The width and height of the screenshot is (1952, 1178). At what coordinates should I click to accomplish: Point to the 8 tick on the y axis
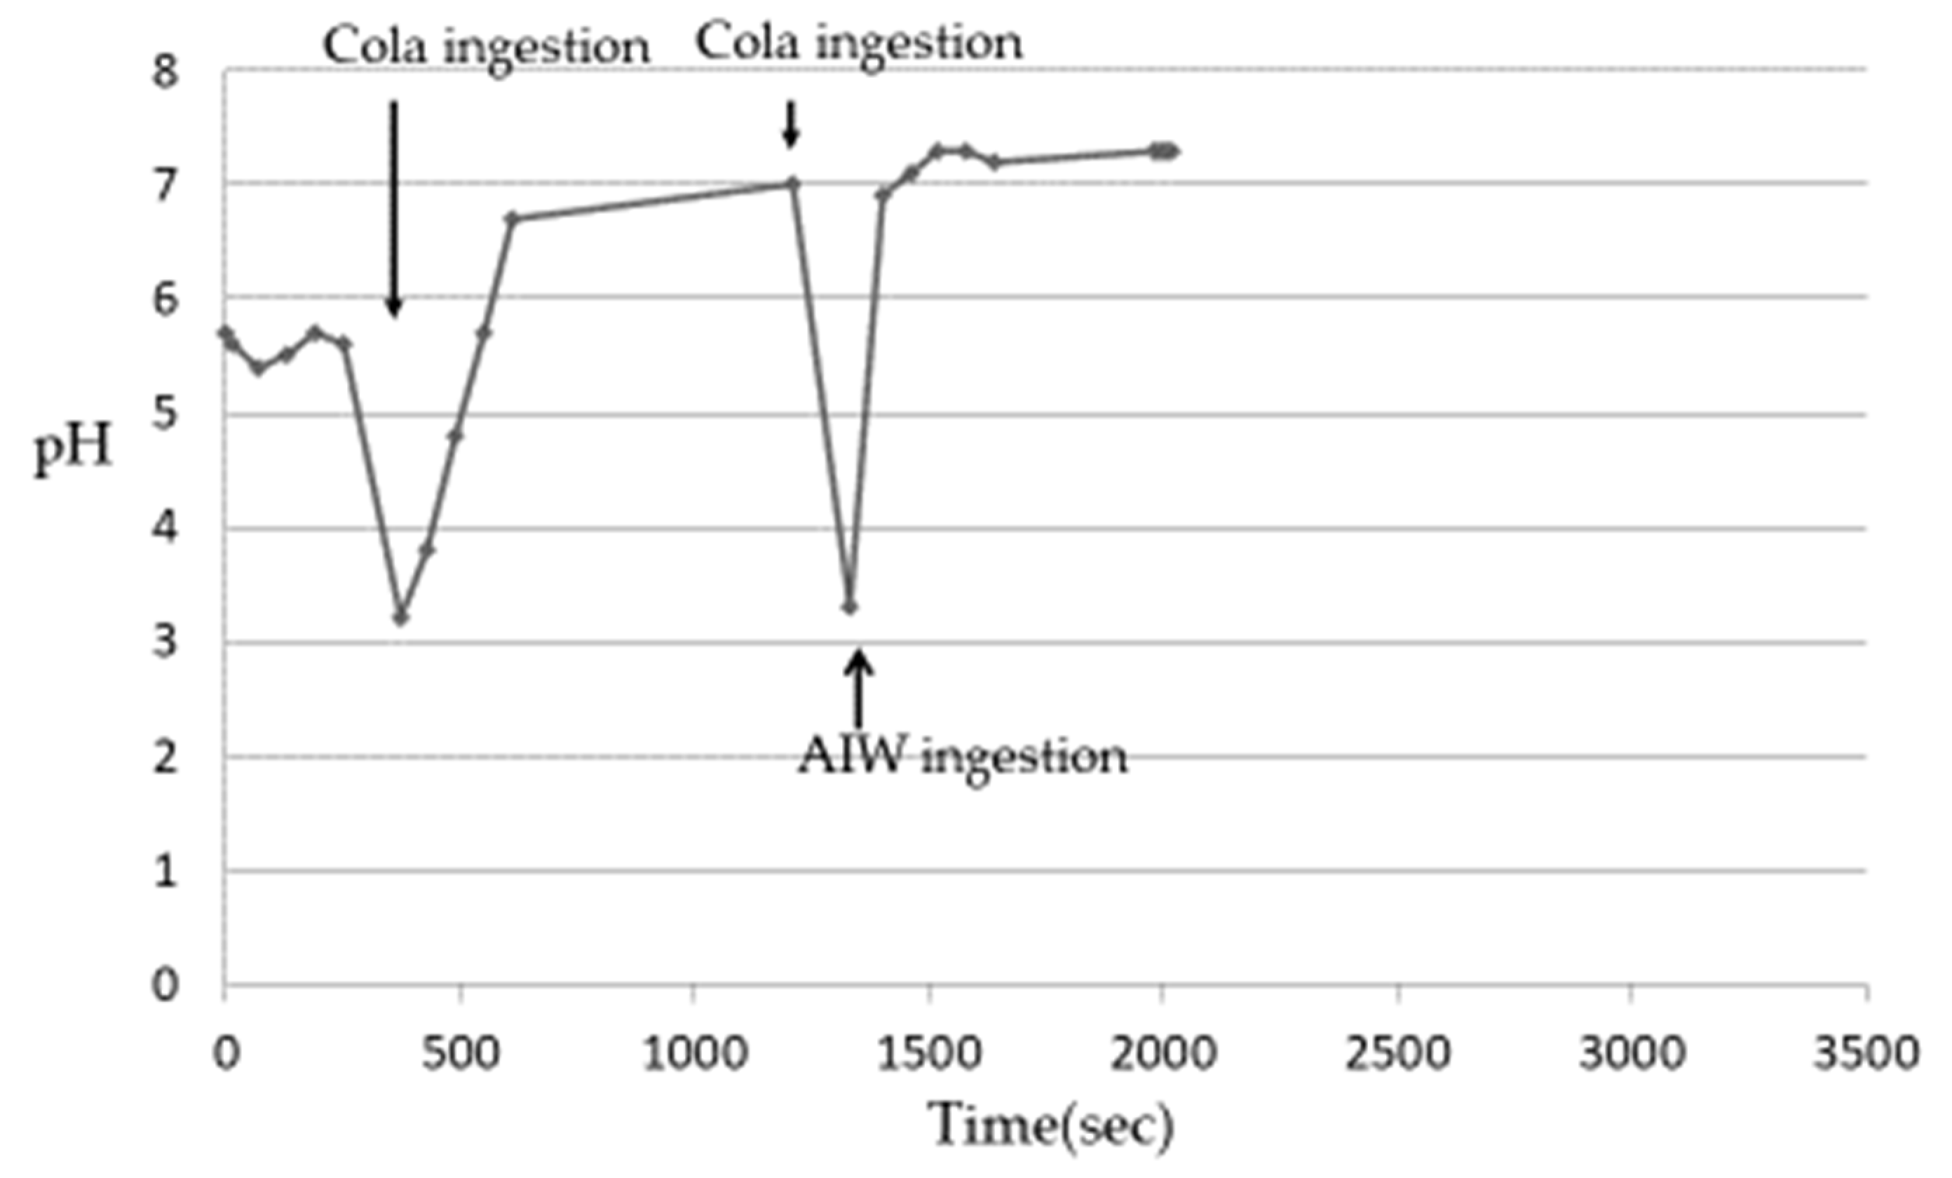coord(165,73)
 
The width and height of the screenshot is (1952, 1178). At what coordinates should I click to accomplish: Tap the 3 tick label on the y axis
coord(165,641)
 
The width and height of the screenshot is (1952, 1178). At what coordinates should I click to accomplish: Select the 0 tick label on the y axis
coord(165,984)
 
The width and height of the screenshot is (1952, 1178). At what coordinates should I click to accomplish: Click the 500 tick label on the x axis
coord(460,1054)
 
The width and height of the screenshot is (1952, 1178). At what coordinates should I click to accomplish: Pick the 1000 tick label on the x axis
coord(695,1054)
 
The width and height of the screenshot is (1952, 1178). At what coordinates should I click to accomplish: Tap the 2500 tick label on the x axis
coord(1397,1054)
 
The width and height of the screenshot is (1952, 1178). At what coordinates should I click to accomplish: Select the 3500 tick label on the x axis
coord(1866,1054)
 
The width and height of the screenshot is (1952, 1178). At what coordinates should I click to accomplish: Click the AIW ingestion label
coord(962,757)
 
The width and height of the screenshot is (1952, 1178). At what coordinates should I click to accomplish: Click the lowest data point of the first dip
coord(401,618)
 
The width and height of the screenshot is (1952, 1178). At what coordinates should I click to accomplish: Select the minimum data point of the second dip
coord(850,607)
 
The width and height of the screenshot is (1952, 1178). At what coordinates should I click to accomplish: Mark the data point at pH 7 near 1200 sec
coord(793,184)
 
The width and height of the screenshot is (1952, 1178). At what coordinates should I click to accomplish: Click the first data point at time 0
coord(225,332)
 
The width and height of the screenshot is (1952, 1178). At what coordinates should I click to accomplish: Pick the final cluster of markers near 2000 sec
coord(1165,151)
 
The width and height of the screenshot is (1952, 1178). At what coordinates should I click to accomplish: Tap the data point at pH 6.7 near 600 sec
coord(512,218)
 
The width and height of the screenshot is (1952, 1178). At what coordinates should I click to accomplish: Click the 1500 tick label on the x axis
coord(928,1054)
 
